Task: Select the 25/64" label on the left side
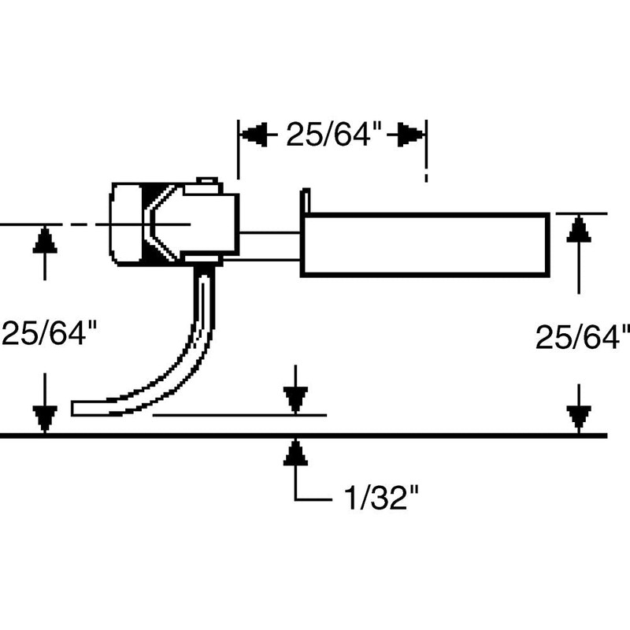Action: point(49,333)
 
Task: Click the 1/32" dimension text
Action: point(376,498)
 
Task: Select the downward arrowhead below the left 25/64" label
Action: point(45,417)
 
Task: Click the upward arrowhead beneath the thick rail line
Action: point(295,454)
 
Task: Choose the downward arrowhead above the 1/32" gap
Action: point(295,400)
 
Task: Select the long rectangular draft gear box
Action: point(425,244)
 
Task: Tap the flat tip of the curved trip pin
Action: point(79,408)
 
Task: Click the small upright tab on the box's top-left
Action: point(306,201)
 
